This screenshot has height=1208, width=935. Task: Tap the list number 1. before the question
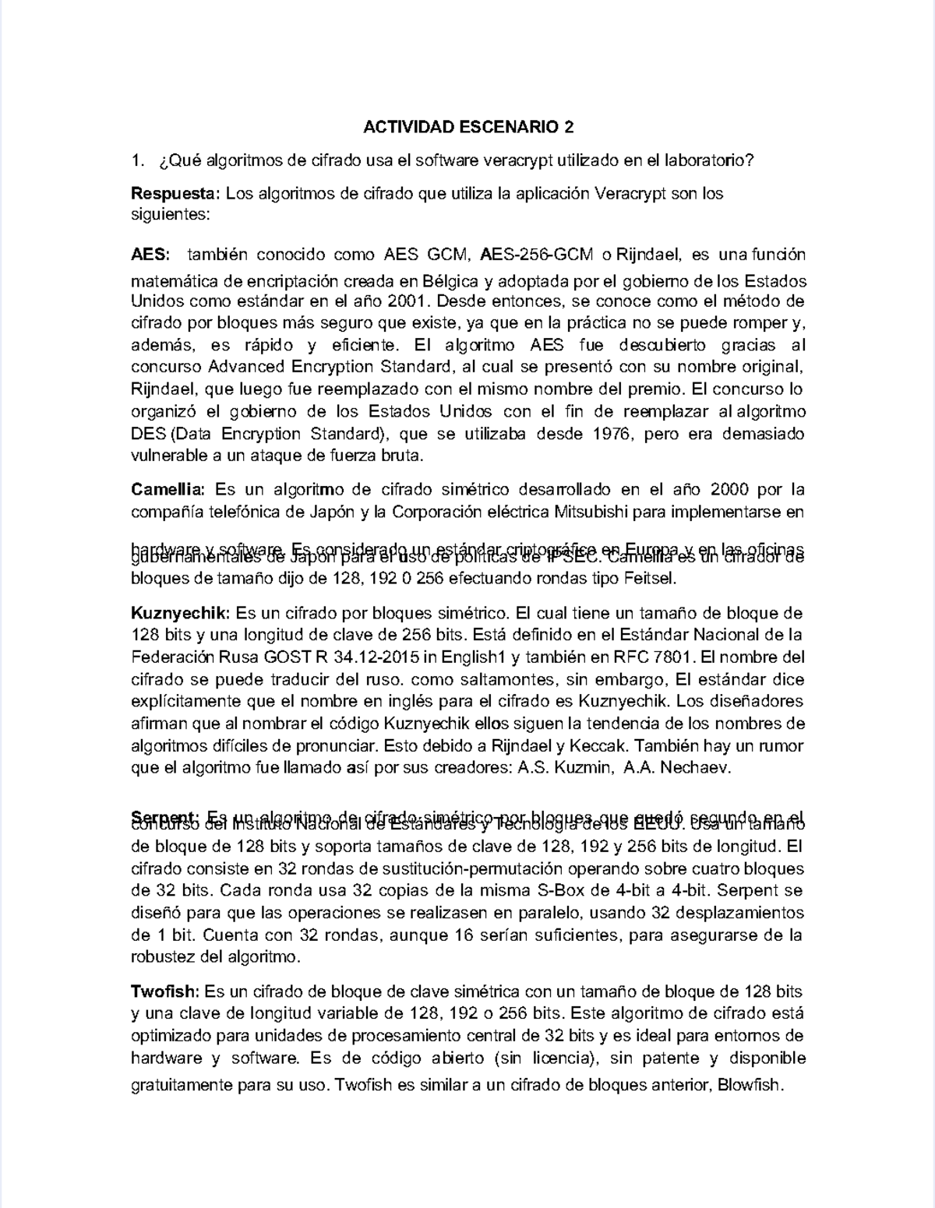[x=138, y=160]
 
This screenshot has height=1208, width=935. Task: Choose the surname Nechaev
[x=695, y=768]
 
